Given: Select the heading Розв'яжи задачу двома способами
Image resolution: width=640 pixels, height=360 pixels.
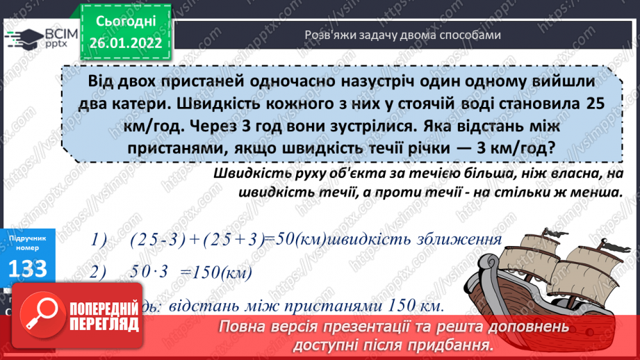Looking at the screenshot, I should (402, 35).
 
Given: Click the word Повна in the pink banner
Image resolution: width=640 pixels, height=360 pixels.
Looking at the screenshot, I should (243, 327).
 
